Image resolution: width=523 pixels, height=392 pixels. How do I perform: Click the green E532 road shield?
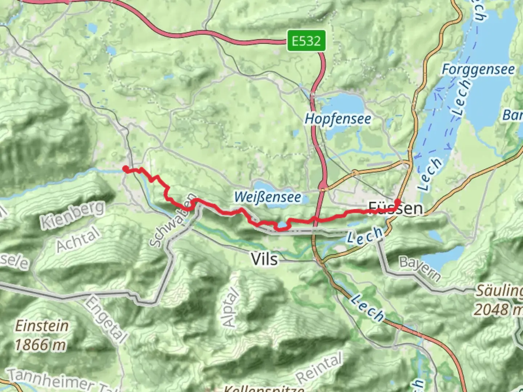(306, 41)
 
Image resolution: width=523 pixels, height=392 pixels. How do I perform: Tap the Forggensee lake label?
(478, 69)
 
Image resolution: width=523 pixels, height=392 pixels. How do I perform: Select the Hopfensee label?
(338, 119)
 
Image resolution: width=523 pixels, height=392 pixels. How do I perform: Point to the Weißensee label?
(268, 197)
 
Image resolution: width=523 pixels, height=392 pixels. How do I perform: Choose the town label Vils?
(264, 259)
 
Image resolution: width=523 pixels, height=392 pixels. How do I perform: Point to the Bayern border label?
(420, 269)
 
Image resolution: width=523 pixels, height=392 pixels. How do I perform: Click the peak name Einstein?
(41, 326)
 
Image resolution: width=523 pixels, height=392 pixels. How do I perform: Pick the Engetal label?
(106, 319)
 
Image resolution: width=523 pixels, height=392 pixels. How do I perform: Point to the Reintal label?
(319, 368)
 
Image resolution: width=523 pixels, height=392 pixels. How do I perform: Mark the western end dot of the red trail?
(125, 169)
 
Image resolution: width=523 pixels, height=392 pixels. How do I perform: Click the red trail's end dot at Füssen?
(397, 202)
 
